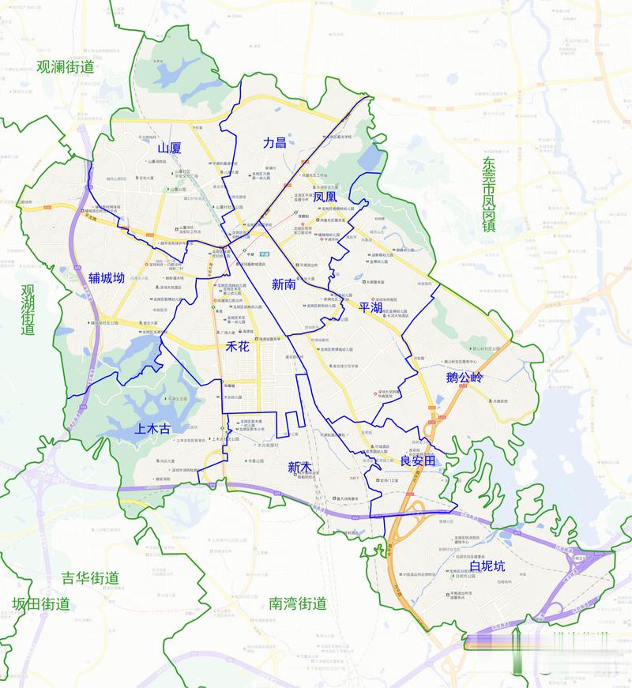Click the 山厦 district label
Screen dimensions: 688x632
[169, 148]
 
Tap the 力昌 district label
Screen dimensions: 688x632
[274, 143]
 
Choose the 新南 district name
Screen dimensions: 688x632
[284, 284]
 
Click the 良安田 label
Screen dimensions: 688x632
[418, 461]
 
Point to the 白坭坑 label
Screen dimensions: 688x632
[487, 566]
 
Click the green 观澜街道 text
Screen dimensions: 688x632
[65, 67]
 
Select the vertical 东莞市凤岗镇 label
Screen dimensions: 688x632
[489, 194]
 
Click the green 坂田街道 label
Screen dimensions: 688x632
[41, 604]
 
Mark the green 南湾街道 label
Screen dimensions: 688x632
[297, 604]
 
